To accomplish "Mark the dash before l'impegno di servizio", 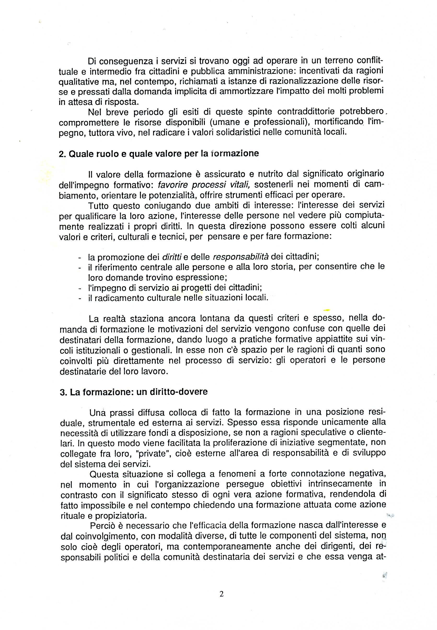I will [x=80, y=288].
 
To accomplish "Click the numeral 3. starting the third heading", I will [x=63, y=392].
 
